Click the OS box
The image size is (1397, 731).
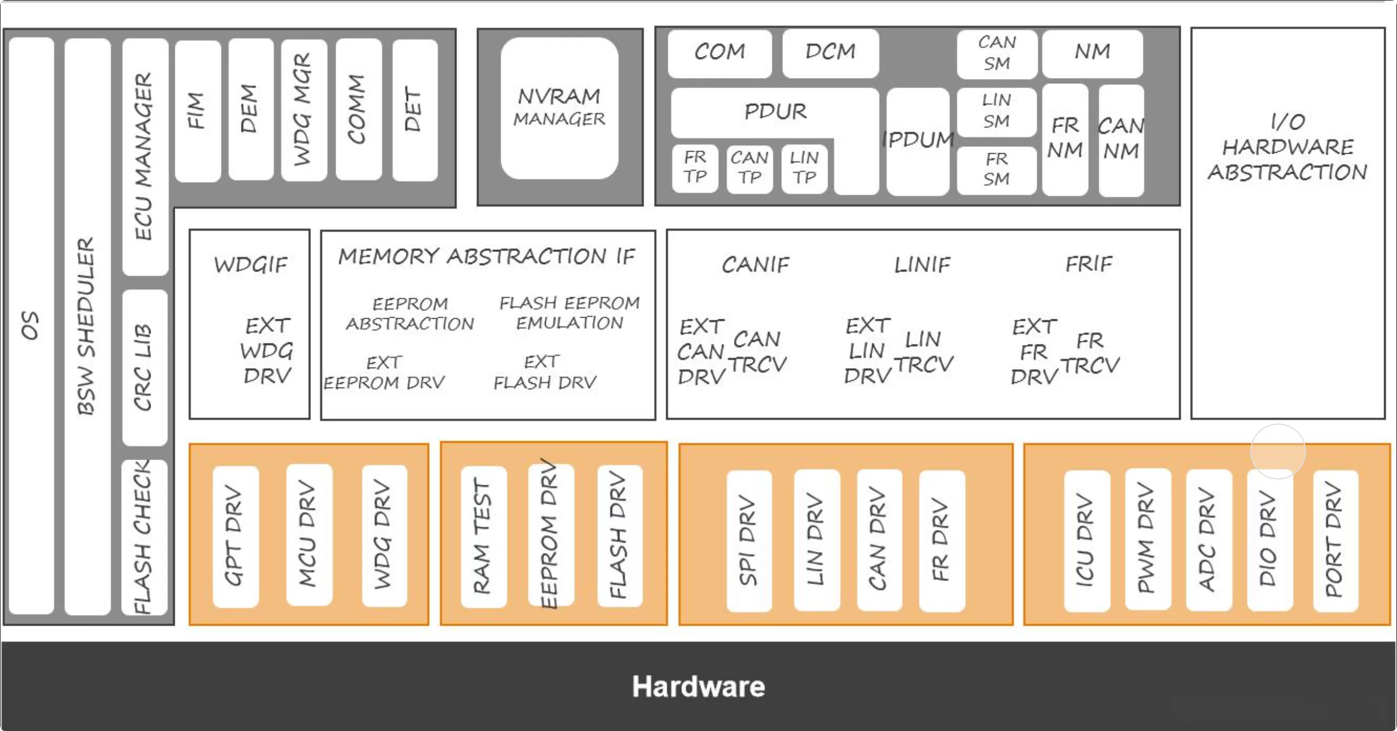point(31,325)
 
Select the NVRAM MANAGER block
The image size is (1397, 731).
point(559,108)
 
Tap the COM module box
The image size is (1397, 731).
point(719,53)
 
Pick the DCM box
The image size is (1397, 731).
point(830,53)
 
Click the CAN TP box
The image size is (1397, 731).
point(750,168)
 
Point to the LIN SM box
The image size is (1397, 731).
point(996,111)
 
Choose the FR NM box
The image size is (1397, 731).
point(1065,139)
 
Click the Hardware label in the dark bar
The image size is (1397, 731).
point(698,686)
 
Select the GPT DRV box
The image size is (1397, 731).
point(235,536)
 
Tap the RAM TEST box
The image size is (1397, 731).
point(483,536)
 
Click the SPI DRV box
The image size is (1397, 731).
point(749,540)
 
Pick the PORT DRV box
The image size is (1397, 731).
point(1335,540)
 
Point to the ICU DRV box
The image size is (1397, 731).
point(1086,540)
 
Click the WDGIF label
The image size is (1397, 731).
point(250,265)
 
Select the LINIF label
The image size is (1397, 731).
point(922,265)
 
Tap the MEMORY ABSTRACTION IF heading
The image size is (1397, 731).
point(487,256)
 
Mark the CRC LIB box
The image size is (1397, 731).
point(144,367)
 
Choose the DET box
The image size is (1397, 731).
point(415,110)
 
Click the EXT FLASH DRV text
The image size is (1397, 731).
point(545,372)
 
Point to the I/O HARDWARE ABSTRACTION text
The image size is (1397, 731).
point(1287,147)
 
